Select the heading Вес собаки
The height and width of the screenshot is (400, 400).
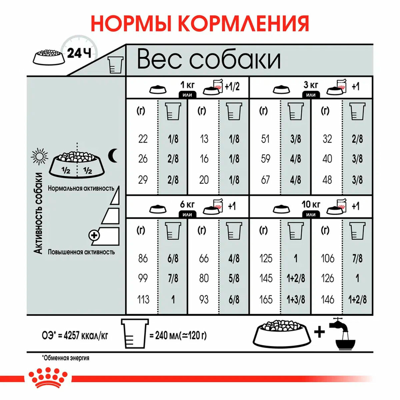209,60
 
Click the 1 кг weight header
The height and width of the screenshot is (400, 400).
187,84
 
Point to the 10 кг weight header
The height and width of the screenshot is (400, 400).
311,204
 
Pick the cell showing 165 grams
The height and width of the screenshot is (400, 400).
266,299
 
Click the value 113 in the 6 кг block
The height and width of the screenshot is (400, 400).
143,299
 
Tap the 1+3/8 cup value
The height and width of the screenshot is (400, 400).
296,299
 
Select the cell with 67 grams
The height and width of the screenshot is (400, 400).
265,180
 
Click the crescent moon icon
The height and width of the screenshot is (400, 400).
113,155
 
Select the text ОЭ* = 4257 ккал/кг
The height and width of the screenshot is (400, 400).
75,335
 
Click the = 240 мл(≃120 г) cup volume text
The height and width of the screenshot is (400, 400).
178,335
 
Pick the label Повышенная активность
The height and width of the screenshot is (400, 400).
81,252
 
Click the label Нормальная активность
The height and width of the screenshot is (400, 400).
81,188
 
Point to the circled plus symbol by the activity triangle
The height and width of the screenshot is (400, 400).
94,235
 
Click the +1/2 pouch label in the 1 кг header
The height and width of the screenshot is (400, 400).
232,87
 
